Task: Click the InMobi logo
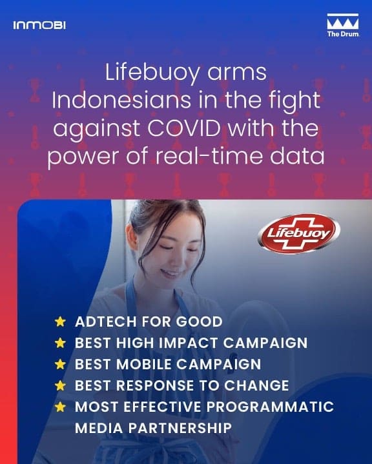pyautogui.click(x=39, y=25)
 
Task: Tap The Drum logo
pyautogui.click(x=343, y=25)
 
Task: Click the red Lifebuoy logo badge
pyautogui.click(x=299, y=234)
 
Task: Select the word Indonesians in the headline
pyautogui.click(x=121, y=100)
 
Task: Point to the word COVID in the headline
pyautogui.click(x=184, y=128)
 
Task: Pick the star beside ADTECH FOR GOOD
pyautogui.click(x=60, y=322)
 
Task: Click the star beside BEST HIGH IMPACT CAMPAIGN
pyautogui.click(x=60, y=343)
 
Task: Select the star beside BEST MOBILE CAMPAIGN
pyautogui.click(x=60, y=364)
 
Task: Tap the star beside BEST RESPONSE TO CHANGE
pyautogui.click(x=60, y=385)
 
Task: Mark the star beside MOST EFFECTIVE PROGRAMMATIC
pyautogui.click(x=60, y=407)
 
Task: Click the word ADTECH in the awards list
pyautogui.click(x=106, y=322)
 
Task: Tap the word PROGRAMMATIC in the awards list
pyautogui.click(x=270, y=407)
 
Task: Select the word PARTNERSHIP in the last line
pyautogui.click(x=180, y=428)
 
